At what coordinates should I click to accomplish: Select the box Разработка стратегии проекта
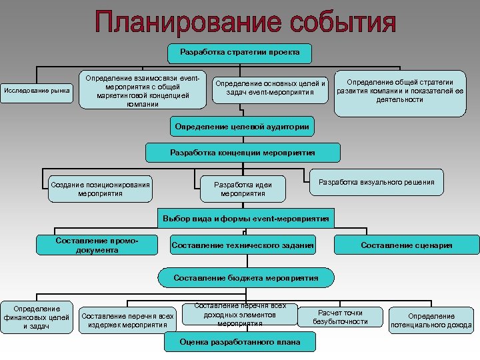pos(240,52)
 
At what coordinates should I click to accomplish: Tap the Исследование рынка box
pos(37,90)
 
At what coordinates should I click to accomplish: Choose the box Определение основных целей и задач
pos(269,88)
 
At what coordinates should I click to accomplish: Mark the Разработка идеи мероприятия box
pos(243,189)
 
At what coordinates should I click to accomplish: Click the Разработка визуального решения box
pos(377,182)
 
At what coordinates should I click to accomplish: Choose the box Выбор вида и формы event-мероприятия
pos(246,218)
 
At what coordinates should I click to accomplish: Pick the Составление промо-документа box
pos(97,245)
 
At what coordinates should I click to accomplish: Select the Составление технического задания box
pos(243,245)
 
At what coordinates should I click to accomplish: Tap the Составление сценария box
pos(407,245)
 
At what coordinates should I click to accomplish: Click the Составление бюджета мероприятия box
pos(246,277)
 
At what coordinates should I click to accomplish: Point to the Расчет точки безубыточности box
pos(340,317)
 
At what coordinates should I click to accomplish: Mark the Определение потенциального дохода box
pos(431,321)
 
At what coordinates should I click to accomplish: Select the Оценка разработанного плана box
pos(239,342)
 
